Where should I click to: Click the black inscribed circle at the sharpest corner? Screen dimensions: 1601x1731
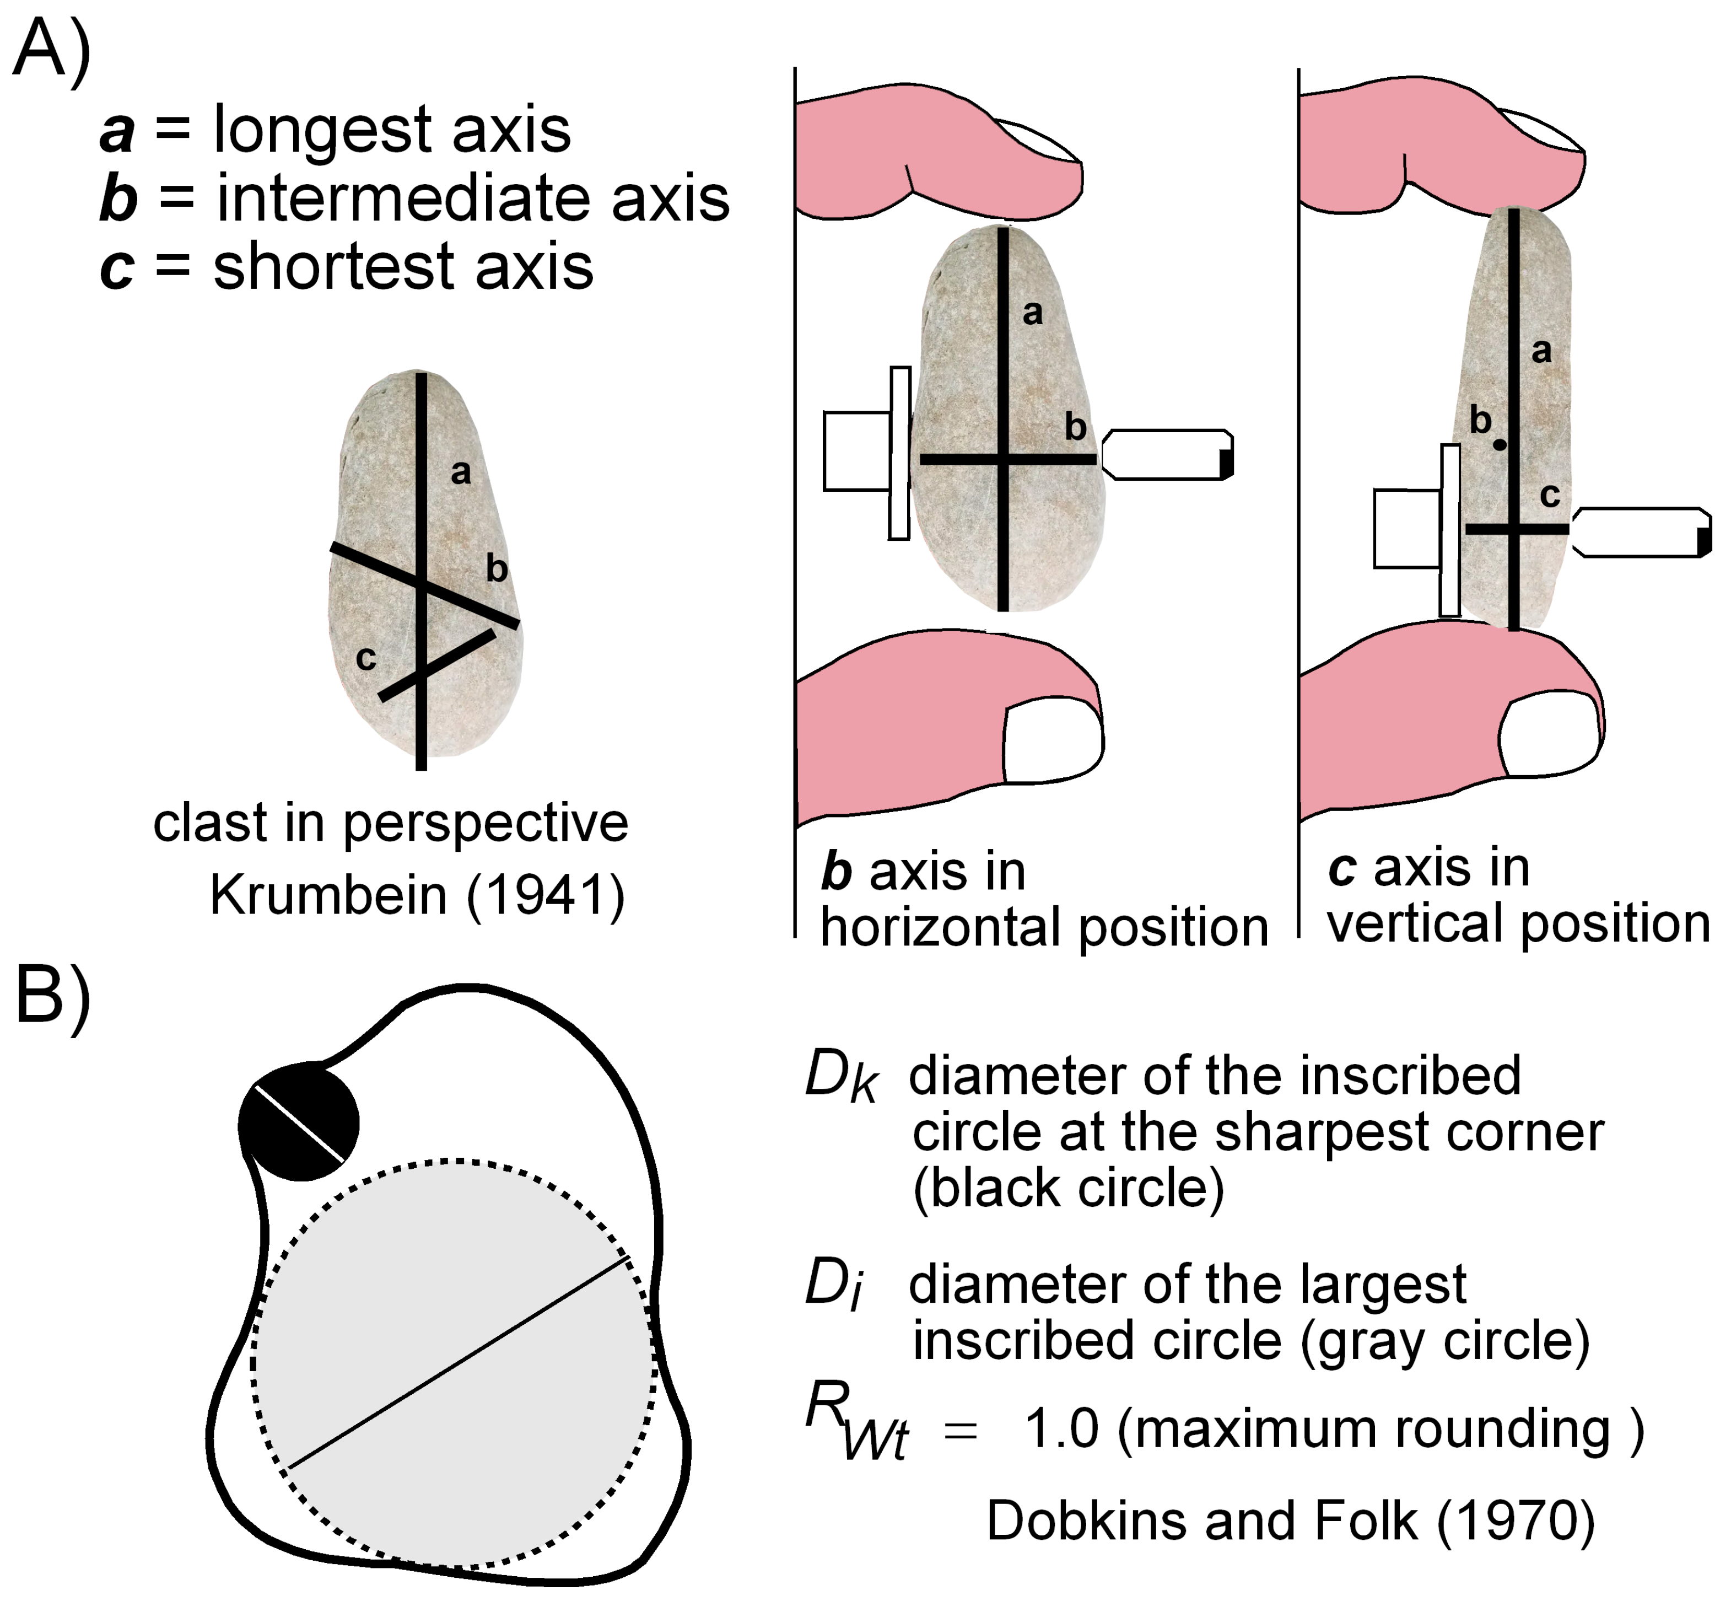coord(299,1122)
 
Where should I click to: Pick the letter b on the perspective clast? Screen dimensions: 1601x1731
coord(496,569)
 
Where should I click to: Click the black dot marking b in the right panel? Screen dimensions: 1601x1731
coord(1500,444)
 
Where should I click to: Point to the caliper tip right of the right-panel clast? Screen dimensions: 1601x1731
coord(1641,532)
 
